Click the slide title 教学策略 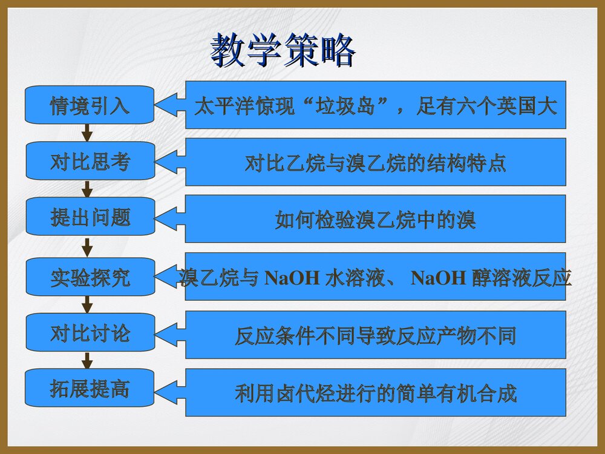click(283, 51)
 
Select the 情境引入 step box click(90, 105)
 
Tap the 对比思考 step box click(90, 161)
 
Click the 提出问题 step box click(90, 217)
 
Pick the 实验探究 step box click(90, 277)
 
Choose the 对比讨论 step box click(90, 333)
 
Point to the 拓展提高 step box click(90, 388)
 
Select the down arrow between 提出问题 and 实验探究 click(87, 246)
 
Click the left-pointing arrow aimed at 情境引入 click(170, 105)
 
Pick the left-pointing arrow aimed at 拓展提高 click(170, 393)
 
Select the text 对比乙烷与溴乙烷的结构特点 click(375, 163)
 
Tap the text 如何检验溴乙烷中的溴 click(375, 220)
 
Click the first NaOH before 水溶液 click(292, 278)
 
